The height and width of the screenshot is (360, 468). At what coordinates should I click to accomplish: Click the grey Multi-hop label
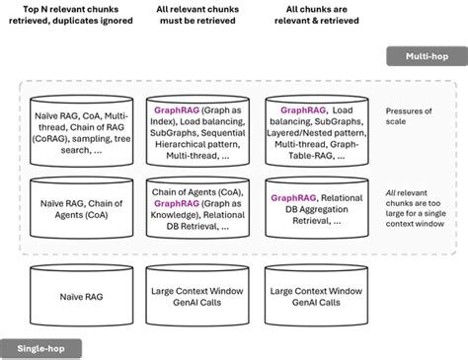[427, 56]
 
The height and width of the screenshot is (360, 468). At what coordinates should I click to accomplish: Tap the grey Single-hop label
[40, 348]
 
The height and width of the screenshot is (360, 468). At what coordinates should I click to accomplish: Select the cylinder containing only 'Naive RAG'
[82, 296]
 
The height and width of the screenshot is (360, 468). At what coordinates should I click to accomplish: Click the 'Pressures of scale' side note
[409, 116]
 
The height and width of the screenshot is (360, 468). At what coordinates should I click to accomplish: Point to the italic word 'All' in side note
[390, 193]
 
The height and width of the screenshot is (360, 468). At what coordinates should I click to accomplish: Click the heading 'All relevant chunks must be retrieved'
[197, 15]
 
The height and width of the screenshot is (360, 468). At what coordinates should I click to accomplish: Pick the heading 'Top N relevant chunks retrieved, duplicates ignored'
[71, 15]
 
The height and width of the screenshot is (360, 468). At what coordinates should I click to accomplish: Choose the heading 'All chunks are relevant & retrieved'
[317, 15]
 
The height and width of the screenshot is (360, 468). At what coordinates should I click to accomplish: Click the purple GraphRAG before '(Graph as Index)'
[177, 110]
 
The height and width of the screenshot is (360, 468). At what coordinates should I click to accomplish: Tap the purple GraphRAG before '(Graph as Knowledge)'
[177, 203]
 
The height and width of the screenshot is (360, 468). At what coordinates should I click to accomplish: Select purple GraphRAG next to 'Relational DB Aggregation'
[293, 198]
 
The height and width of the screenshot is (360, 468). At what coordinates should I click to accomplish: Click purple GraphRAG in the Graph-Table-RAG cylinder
[303, 110]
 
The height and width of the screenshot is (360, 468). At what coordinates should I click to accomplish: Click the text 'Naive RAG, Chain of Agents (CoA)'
[82, 209]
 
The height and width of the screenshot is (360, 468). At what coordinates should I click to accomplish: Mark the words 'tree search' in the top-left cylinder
[96, 145]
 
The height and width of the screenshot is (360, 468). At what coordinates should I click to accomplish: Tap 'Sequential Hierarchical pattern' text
[197, 139]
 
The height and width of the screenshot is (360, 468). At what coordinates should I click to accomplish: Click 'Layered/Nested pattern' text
[316, 133]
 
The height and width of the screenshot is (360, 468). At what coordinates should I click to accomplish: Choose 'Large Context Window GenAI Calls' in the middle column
[197, 297]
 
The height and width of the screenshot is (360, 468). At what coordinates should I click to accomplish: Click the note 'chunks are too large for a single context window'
[416, 213]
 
